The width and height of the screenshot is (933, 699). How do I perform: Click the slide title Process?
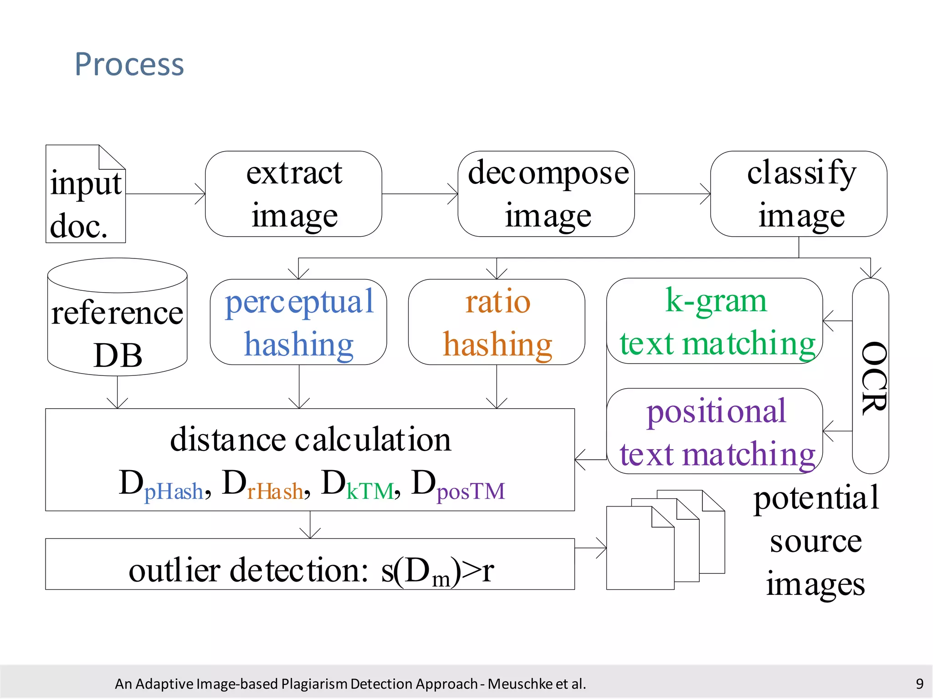129,64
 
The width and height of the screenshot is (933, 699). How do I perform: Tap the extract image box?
293,194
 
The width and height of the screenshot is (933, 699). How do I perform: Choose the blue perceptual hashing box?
298,322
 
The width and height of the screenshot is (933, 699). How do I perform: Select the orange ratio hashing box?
497,322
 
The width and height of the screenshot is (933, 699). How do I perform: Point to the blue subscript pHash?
174,491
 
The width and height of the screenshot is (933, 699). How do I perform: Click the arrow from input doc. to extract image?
165,194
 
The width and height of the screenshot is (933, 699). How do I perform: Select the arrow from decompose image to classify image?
672,194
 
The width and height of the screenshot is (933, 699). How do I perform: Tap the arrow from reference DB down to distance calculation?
118,392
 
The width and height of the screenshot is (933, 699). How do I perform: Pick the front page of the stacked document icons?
640,551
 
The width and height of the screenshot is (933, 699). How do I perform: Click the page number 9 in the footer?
919,684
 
